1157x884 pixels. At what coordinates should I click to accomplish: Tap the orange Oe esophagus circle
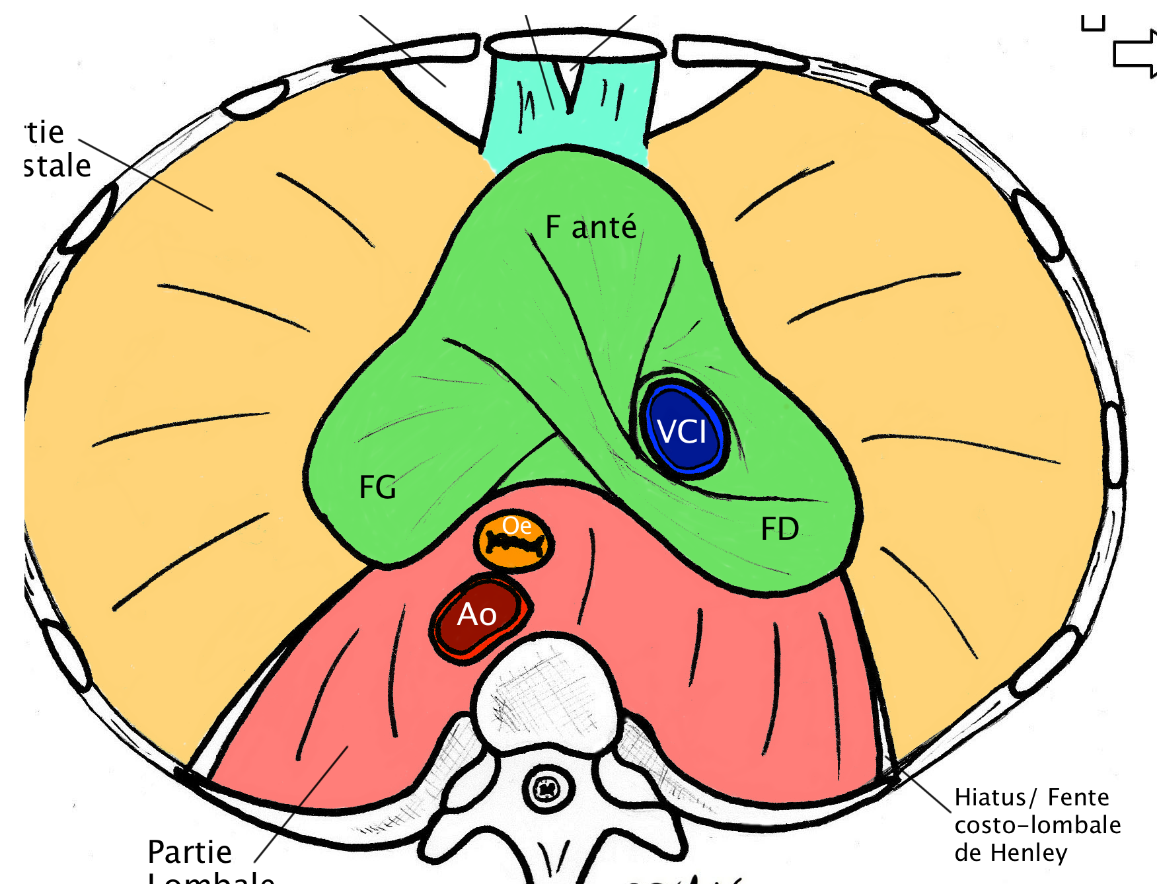pyautogui.click(x=514, y=540)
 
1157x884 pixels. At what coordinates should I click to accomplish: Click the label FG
pyautogui.click(x=377, y=488)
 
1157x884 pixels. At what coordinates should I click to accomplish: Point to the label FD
pyautogui.click(x=780, y=529)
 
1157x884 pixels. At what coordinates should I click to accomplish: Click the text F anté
pyautogui.click(x=591, y=227)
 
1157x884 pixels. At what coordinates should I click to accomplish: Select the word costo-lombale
pyautogui.click(x=1037, y=825)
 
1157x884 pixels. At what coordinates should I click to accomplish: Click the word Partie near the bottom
pyautogui.click(x=190, y=852)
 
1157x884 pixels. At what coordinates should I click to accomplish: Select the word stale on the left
pyautogui.click(x=58, y=166)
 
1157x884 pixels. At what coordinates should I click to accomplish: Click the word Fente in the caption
pyautogui.click(x=1078, y=797)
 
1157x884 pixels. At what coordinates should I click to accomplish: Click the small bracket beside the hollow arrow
pyautogui.click(x=1093, y=24)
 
